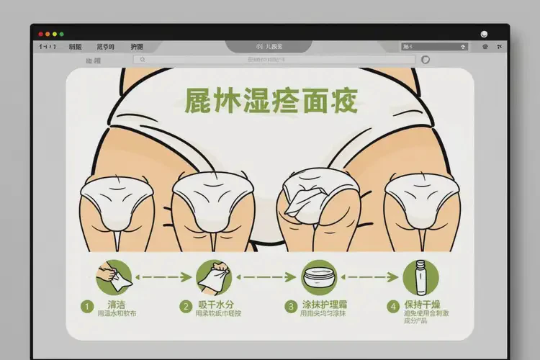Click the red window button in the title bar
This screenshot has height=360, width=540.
pyautogui.click(x=40, y=34)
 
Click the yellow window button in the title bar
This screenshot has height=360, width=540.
pyautogui.click(x=48, y=34)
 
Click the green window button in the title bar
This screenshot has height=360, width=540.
pyautogui.click(x=55, y=34)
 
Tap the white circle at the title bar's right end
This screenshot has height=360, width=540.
pyautogui.click(x=484, y=33)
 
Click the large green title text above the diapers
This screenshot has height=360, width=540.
pyautogui.click(x=271, y=102)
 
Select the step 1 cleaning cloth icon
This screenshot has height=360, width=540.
pyautogui.click(x=113, y=276)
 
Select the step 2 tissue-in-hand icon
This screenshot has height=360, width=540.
pyautogui.click(x=212, y=276)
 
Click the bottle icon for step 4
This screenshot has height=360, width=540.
pyautogui.click(x=420, y=276)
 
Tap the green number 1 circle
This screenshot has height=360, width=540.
pyautogui.click(x=86, y=306)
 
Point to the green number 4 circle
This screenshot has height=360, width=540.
pyautogui.click(x=392, y=306)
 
